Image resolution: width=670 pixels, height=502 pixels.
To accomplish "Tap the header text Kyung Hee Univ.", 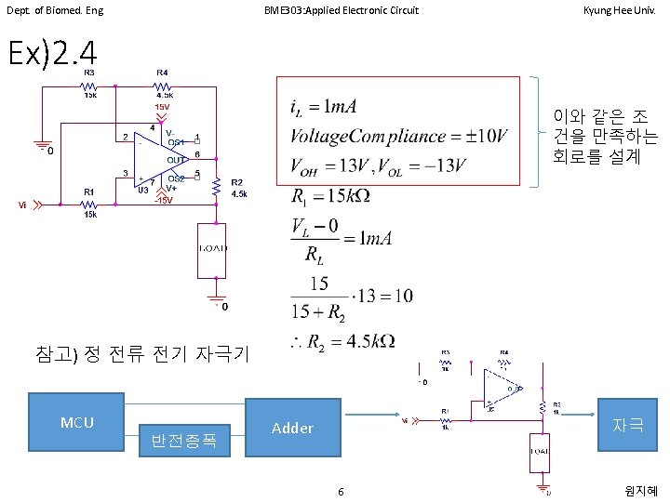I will pos(622,10).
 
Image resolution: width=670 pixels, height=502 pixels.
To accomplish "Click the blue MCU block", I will pos(77,423).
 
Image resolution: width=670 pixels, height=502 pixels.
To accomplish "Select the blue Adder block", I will pos(292,429).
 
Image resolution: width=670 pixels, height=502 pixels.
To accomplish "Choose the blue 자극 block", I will pos(629,425).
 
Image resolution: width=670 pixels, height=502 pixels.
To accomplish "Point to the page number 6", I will pos(341,491).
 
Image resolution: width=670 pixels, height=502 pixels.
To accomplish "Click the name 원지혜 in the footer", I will pos(641,491).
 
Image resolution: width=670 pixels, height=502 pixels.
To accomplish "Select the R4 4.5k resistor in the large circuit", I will pos(164,86).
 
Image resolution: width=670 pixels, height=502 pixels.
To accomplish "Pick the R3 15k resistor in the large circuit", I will pos(89,86).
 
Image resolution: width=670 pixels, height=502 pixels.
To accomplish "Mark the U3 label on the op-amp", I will pos(143,190).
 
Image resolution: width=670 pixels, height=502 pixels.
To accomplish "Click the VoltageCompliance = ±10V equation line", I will pos(399,136).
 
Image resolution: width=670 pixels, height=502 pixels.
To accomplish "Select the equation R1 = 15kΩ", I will pos(331,197).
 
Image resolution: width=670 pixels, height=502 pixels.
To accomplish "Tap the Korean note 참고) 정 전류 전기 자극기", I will pos(141,353).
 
